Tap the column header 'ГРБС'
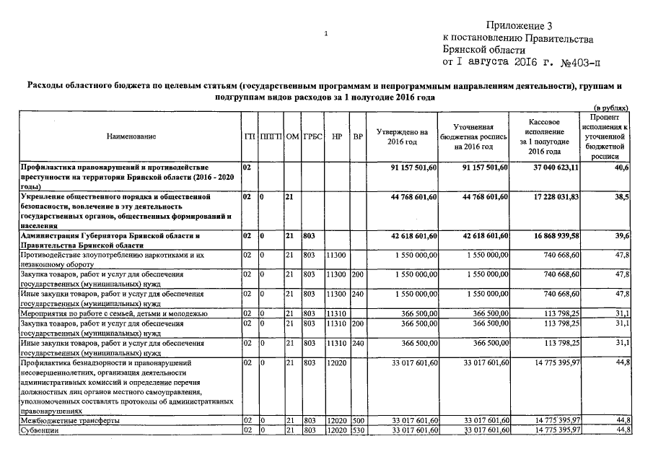[x=312, y=136]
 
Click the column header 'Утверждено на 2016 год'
[x=402, y=136]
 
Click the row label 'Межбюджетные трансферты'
[x=71, y=420]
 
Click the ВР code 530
[x=358, y=430]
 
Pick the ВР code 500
[x=358, y=420]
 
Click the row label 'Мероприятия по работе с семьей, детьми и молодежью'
[x=115, y=314]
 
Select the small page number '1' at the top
[x=326, y=33]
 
